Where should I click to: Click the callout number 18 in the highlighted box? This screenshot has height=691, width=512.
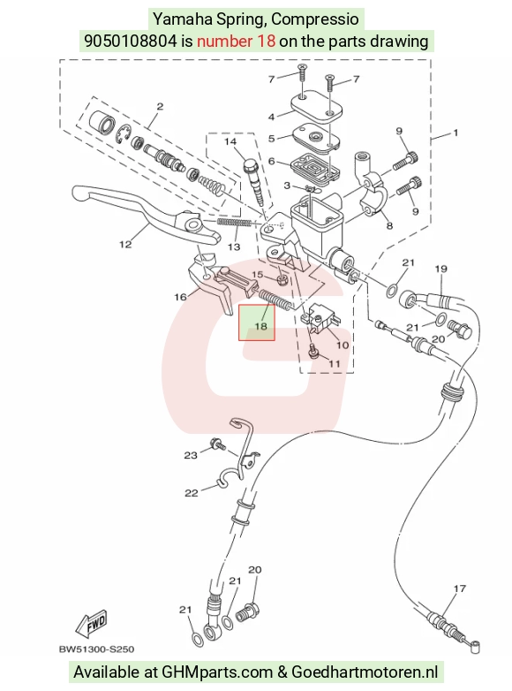coord(260,326)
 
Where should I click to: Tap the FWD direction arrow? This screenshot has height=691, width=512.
coord(92,624)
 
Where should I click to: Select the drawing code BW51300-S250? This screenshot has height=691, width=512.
coord(96,649)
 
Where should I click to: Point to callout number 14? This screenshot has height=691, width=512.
coord(230,141)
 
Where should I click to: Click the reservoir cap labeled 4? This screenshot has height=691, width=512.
coord(316,106)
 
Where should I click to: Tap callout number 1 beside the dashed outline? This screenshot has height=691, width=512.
coord(456,133)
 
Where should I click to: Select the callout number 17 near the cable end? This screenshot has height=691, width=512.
coord(459,588)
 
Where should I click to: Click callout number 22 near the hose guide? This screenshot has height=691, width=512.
coord(191,493)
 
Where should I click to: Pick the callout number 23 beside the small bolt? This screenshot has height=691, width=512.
coord(190,455)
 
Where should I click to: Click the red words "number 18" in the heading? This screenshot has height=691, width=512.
coord(236,41)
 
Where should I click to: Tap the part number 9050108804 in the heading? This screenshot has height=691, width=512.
coord(132,41)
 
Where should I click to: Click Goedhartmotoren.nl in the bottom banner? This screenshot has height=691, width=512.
coord(365,672)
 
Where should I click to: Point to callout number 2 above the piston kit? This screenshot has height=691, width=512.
coord(160,106)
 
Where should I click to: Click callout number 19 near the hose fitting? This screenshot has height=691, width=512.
coord(441,269)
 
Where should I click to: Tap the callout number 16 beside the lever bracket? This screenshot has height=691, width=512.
coord(180,297)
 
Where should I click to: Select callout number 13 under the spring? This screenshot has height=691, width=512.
coord(234,247)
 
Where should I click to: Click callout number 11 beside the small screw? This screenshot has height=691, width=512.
coord(335,363)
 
